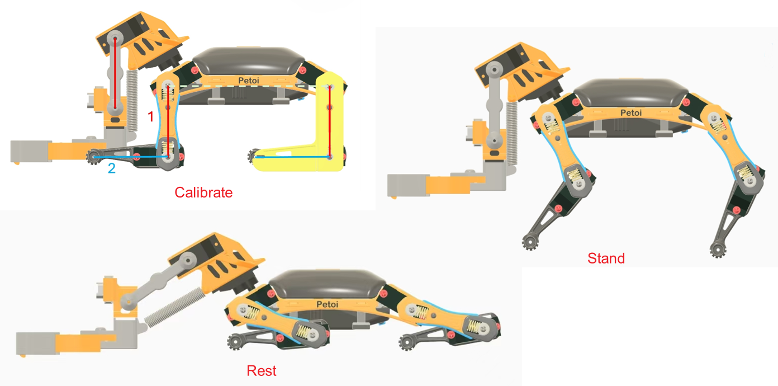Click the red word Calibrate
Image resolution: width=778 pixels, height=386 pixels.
point(203,192)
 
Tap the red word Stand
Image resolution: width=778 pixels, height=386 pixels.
point(606,258)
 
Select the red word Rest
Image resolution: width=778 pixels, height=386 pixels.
point(262,371)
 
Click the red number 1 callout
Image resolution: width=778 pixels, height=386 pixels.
point(151,116)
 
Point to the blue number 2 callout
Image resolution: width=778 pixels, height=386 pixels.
point(111,168)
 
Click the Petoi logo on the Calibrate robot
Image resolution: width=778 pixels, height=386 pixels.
point(249,81)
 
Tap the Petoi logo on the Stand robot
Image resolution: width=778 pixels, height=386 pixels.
point(631,112)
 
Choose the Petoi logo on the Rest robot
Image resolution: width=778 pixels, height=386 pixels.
point(327,304)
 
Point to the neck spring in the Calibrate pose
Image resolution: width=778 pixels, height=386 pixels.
point(132,101)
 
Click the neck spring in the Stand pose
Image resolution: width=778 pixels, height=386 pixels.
point(511,134)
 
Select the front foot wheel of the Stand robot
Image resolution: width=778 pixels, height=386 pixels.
point(530,242)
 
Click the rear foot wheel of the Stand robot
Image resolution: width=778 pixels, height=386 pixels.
point(718,250)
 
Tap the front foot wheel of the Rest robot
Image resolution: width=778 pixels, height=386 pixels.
point(235,342)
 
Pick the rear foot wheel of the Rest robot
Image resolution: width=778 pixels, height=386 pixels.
point(407,342)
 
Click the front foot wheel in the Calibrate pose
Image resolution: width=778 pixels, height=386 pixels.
point(93,157)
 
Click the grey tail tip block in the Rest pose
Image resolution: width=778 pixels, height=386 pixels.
point(37,343)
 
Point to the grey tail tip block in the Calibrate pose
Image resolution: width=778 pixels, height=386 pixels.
point(31,151)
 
